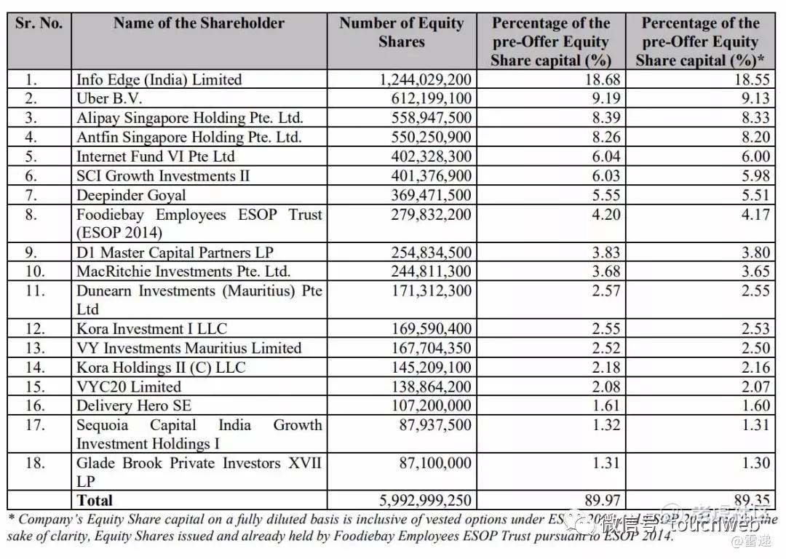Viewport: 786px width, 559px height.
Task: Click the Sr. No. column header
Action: pyautogui.click(x=39, y=23)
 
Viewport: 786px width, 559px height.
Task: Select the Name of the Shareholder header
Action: pyautogui.click(x=199, y=23)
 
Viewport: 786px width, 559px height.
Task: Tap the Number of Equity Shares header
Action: pyautogui.click(x=401, y=33)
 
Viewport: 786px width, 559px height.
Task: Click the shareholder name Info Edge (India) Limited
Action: pyautogui.click(x=159, y=79)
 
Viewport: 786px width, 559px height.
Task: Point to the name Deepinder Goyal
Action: pyautogui.click(x=131, y=195)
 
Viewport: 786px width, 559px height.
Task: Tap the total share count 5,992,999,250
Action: pyautogui.click(x=426, y=500)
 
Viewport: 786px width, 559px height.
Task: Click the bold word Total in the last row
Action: pyautogui.click(x=95, y=500)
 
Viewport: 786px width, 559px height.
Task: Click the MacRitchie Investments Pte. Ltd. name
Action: pyautogui.click(x=183, y=271)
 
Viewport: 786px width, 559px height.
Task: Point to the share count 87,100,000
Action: pyautogui.click(x=436, y=463)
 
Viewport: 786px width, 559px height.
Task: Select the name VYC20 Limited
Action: pyautogui.click(x=129, y=386)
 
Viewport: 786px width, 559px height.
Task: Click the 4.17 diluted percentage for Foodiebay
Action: pyautogui.click(x=754, y=215)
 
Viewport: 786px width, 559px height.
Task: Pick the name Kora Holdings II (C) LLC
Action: pyautogui.click(x=161, y=368)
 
